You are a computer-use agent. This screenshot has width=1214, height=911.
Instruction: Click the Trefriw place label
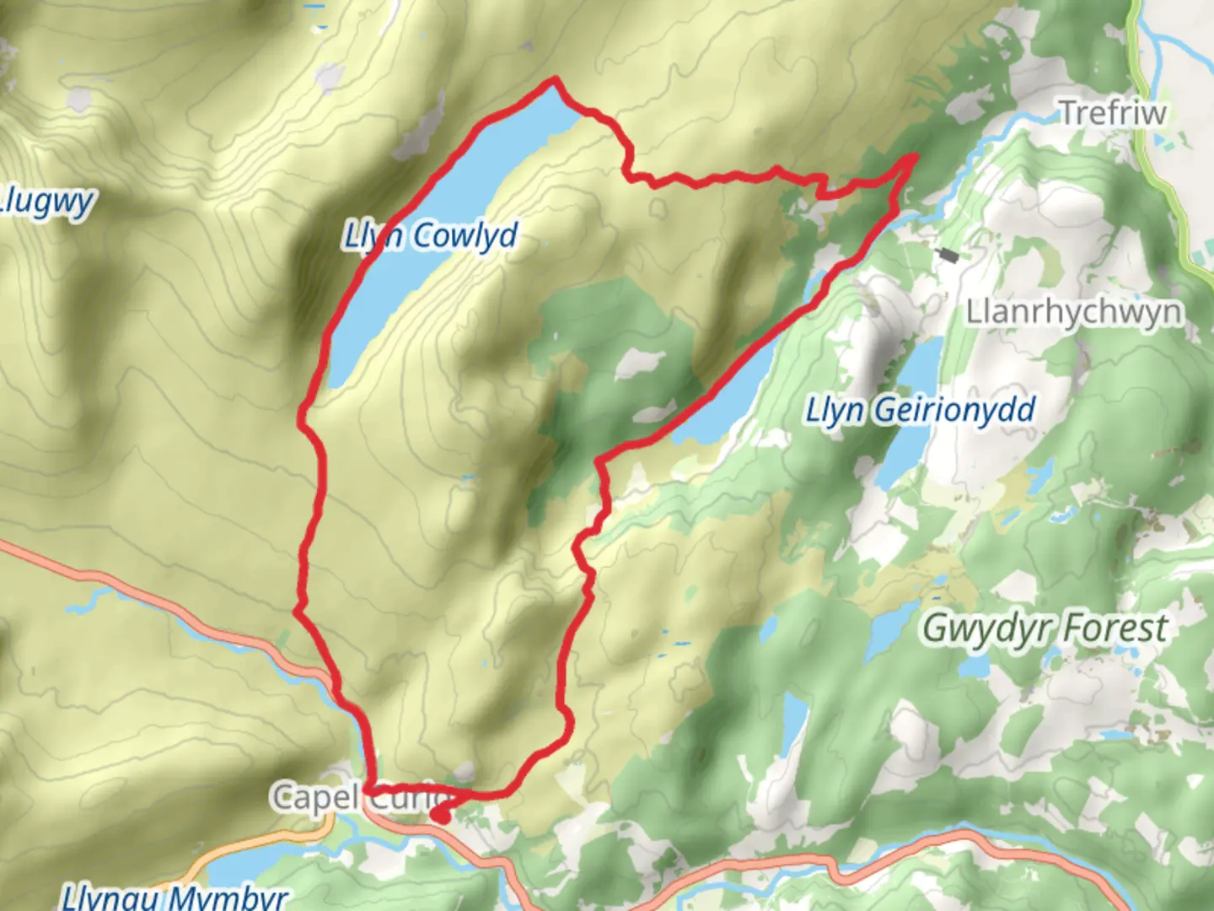[x=1112, y=112]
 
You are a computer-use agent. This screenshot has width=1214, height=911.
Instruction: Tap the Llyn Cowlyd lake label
[x=430, y=235]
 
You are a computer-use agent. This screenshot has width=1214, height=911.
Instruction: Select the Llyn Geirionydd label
[x=920, y=410]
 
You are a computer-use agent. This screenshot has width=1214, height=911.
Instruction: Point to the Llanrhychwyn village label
[x=1073, y=311]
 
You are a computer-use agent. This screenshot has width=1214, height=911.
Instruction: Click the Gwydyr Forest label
[x=1045, y=628]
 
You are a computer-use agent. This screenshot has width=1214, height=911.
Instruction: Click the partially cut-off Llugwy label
[x=46, y=202]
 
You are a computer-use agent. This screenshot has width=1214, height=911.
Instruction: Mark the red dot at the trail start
[x=440, y=815]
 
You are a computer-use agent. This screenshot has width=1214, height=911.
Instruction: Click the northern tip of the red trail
[x=555, y=80]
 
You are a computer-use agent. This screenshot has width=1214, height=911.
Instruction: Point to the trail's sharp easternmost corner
[x=915, y=156]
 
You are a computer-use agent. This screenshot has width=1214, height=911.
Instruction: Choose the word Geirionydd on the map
[x=953, y=410]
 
